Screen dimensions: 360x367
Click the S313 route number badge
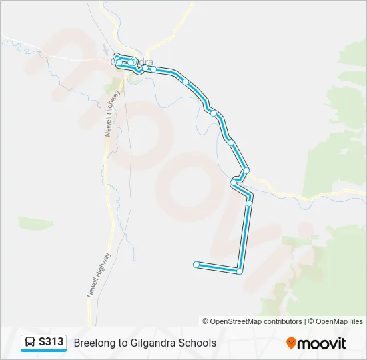pyautogui.click(x=51, y=342)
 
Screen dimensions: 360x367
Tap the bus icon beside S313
pyautogui.click(x=30, y=343)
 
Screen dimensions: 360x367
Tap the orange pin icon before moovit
pyautogui.click(x=291, y=343)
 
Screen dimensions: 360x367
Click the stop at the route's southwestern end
pyautogui.click(x=196, y=265)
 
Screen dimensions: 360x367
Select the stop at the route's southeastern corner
pyautogui.click(x=239, y=271)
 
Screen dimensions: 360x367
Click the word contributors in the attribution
pyautogui.click(x=282, y=321)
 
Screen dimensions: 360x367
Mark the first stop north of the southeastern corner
pyautogui.click(x=249, y=203)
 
